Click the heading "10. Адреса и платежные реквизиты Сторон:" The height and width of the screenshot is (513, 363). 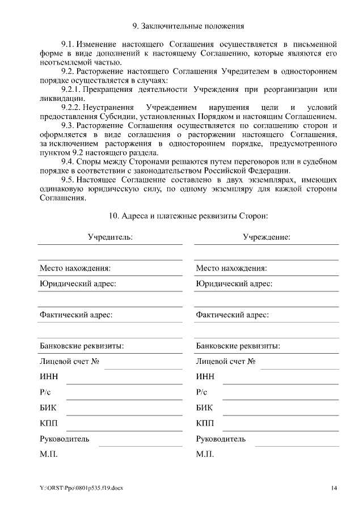tap(188, 216)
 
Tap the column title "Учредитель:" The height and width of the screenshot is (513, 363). tap(110, 237)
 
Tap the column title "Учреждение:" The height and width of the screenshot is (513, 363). tap(267, 237)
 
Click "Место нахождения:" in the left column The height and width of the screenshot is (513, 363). tap(74, 268)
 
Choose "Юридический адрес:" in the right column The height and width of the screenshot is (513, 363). tap(234, 283)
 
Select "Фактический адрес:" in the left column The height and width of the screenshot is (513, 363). tap(75, 315)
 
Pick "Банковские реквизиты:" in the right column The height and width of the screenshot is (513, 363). tap(238, 346)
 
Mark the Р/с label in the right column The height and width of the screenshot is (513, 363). tap(202, 392)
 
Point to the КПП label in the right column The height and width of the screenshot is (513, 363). tap(205, 423)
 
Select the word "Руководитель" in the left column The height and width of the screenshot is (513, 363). tap(64, 439)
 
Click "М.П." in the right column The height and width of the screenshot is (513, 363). tap(205, 455)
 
